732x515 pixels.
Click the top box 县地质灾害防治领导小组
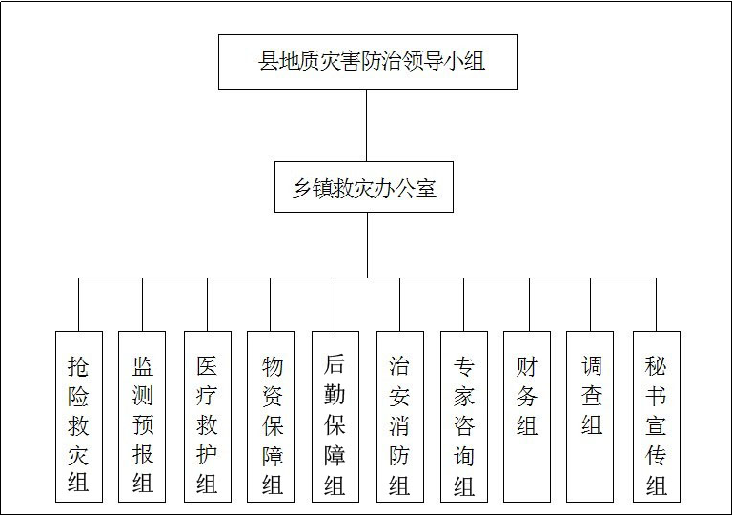(368, 62)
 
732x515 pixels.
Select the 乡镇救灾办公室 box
(364, 187)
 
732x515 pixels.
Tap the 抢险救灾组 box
(79, 417)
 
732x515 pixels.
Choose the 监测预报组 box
(142, 417)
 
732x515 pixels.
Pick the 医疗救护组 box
(208, 417)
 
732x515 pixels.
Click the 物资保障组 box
(271, 417)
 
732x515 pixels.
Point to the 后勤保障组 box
(335, 417)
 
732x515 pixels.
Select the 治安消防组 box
(400, 417)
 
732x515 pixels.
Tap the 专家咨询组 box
(464, 417)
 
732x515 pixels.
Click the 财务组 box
(527, 417)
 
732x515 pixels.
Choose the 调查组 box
(590, 417)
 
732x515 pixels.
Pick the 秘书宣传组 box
(657, 417)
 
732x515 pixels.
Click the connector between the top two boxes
(366, 125)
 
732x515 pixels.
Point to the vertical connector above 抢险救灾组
(78, 304)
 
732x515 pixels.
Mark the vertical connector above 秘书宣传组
(656, 304)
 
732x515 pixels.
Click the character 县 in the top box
(269, 61)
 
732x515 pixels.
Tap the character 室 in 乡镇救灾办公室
(426, 188)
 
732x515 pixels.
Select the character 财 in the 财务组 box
(527, 367)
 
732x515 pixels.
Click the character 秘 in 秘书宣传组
(656, 366)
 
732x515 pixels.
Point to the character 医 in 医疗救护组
(207, 366)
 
